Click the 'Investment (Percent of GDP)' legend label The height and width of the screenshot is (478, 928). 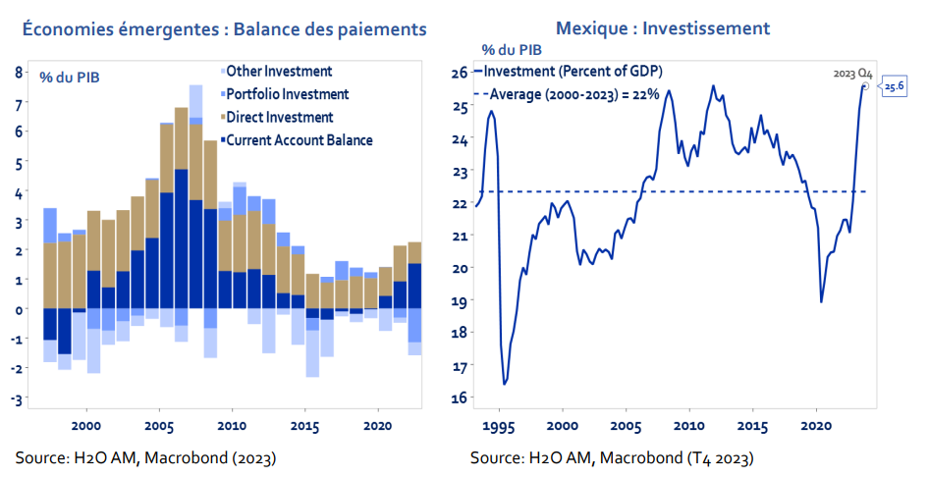573,72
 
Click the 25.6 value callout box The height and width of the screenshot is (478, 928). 894,86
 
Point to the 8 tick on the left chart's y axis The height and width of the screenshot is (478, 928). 19,72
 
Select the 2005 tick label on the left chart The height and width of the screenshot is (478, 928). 159,427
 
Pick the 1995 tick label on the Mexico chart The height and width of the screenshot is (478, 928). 500,427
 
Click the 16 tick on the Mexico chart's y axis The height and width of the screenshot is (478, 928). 459,398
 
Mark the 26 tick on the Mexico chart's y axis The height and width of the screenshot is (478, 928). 459,73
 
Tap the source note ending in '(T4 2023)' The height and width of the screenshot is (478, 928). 612,458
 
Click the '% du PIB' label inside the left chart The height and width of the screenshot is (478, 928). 69,76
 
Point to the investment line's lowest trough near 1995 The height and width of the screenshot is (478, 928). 505,384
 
